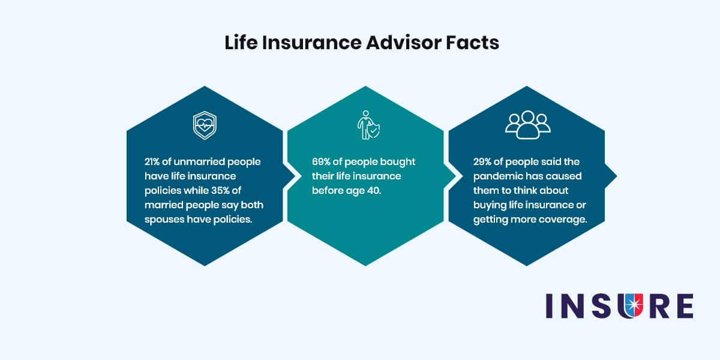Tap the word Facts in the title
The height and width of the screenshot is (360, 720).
coord(473,43)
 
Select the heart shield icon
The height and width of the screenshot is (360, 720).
coord(205,125)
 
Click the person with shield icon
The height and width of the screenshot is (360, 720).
coord(368,125)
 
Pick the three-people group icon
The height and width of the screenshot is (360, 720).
coord(528,125)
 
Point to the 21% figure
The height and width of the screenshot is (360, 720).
coord(152,161)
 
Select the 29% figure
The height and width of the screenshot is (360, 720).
coord(482,161)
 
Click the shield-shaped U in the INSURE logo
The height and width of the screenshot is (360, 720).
coord(631,305)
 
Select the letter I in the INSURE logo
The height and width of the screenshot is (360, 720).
coord(549,305)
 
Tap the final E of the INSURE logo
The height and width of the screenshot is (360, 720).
coord(685,305)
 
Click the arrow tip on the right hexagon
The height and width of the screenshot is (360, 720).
coord(617,176)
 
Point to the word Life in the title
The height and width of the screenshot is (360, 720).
coord(241,43)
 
